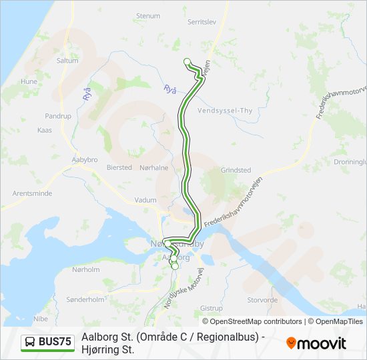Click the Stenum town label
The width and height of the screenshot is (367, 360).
(x=148, y=15)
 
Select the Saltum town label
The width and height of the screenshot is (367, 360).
(x=67, y=60)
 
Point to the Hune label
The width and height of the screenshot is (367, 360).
(x=29, y=81)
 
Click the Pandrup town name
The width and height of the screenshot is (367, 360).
(x=57, y=116)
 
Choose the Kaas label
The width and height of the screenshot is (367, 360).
(x=45, y=130)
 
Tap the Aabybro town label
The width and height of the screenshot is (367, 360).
(x=84, y=160)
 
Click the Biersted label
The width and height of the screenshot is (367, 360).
(x=119, y=168)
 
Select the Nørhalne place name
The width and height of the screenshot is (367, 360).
(x=154, y=168)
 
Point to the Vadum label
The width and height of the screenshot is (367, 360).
(x=145, y=200)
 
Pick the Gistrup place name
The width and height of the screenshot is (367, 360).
(x=212, y=309)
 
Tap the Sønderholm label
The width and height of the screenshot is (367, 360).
(x=87, y=299)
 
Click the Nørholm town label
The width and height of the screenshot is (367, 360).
(x=85, y=270)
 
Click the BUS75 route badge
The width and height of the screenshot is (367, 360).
(x=48, y=342)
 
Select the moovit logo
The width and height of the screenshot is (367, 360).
(x=316, y=343)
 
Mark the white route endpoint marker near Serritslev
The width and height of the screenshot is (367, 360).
(x=188, y=62)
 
